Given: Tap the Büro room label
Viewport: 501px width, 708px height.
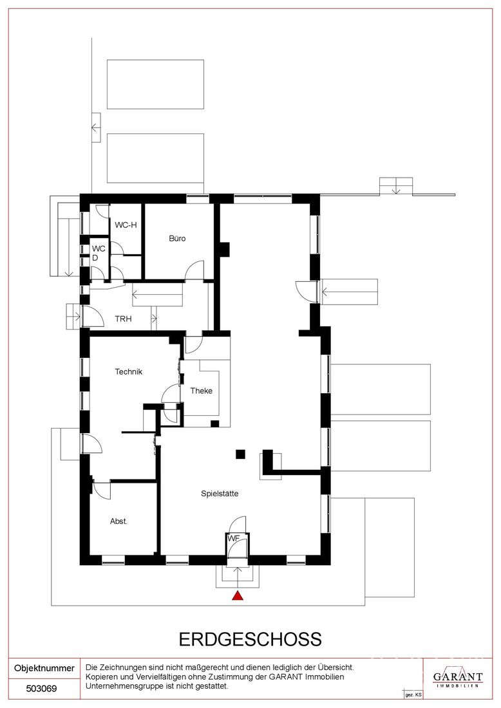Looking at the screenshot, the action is pos(177,238).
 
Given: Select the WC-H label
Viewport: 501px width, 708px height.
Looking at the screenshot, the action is pos(126,225).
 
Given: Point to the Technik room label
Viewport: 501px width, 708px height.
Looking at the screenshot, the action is pos(128,371).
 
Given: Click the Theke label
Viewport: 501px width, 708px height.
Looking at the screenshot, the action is pos(201,391).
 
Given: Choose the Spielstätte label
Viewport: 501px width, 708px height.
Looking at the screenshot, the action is pos(220,494).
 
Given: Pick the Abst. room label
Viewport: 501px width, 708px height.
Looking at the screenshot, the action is pos(118,521).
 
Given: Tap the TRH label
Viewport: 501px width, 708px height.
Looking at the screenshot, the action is pos(123,319).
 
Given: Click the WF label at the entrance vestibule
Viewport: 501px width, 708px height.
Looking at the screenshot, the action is pos(234,538).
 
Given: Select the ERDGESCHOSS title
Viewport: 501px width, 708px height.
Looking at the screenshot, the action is pos(250,639).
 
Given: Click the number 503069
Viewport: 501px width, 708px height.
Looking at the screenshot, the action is pos(42,689).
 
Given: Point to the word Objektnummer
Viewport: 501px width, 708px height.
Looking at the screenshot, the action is pos(44,668).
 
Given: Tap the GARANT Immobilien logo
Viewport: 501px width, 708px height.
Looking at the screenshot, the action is pos(458,678).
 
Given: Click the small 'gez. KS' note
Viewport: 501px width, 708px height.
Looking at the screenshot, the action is pos(413,694).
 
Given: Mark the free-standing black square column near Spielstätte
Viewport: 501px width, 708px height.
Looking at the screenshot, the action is pos(240,454).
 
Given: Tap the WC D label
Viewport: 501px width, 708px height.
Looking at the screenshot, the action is pos(98,253).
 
